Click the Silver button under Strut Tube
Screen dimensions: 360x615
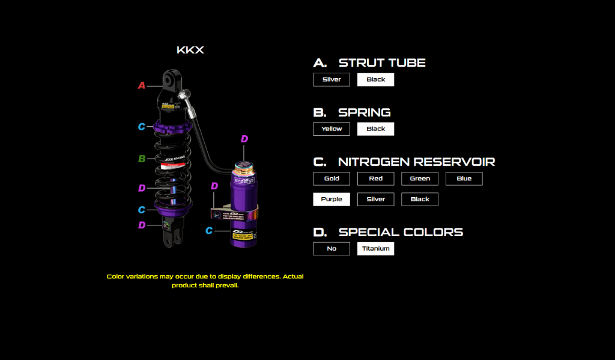(331, 79)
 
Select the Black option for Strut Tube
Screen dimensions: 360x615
(375, 79)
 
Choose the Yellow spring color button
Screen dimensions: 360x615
(331, 129)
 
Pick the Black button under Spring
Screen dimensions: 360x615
(375, 129)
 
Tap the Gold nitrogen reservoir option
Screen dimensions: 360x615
(331, 178)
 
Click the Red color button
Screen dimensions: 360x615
(375, 178)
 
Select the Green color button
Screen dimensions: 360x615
(420, 178)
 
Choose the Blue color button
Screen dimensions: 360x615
(464, 178)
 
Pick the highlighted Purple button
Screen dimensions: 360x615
(331, 199)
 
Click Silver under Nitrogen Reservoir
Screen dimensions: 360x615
(375, 199)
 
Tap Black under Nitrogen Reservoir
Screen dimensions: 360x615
(420, 199)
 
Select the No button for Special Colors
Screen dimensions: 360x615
(331, 248)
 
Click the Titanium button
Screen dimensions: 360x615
(375, 248)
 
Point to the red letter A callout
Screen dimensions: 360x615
(142, 85)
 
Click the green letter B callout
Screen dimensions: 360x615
(142, 159)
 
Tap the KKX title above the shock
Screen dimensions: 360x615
(190, 50)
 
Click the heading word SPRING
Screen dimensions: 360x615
(364, 112)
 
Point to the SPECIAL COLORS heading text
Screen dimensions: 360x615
(401, 232)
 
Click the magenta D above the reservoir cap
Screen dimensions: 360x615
(244, 139)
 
